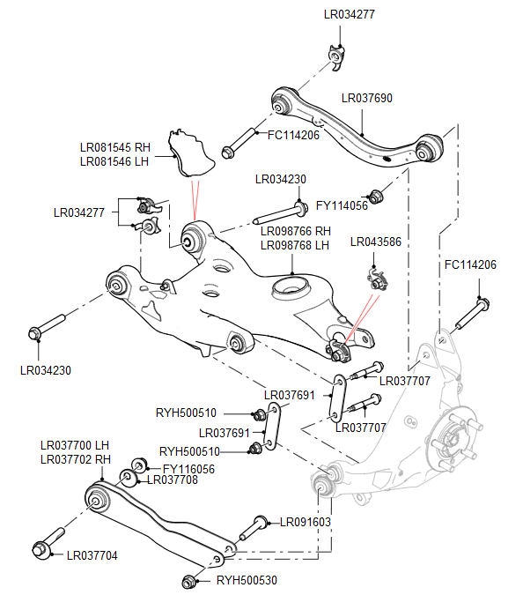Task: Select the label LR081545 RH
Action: (x=114, y=148)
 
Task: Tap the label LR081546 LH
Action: (x=114, y=161)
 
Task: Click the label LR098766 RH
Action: (x=295, y=231)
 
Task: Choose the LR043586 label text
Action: (x=375, y=242)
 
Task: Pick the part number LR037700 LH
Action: (x=75, y=446)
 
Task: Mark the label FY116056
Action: (x=188, y=469)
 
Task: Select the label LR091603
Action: (x=306, y=522)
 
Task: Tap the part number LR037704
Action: (x=92, y=556)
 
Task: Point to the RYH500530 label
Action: (x=247, y=581)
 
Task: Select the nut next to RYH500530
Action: (x=188, y=581)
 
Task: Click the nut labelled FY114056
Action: (x=378, y=195)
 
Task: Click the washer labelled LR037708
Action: (x=128, y=479)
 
